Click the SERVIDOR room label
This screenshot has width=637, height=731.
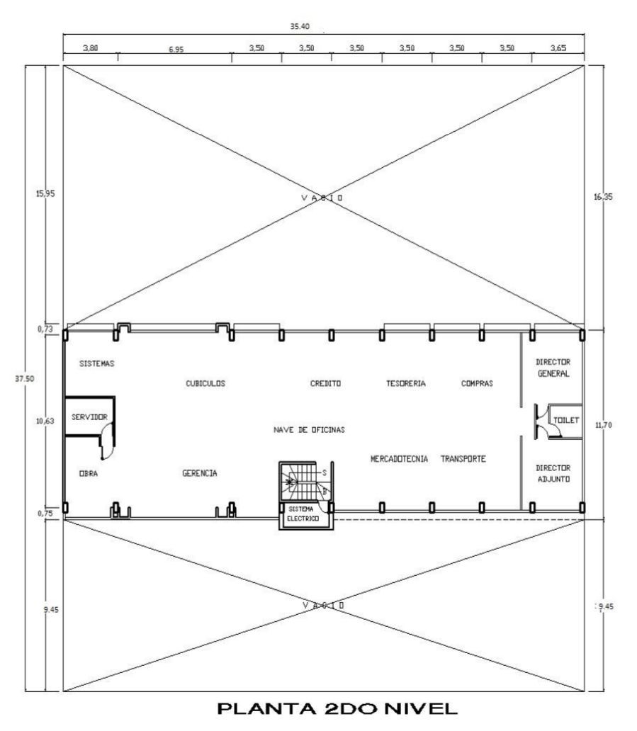pyautogui.click(x=89, y=416)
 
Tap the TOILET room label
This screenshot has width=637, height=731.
pyautogui.click(x=565, y=420)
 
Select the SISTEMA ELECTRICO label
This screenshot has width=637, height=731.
pyautogui.click(x=303, y=514)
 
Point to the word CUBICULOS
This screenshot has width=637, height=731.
pyautogui.click(x=205, y=383)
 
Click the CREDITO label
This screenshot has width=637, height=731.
pyautogui.click(x=325, y=383)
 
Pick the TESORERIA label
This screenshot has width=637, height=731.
pyautogui.click(x=406, y=383)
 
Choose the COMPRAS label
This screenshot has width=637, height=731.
pyautogui.click(x=477, y=383)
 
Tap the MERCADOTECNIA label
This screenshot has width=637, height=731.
pyautogui.click(x=399, y=459)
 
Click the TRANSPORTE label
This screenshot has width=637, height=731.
pyautogui.click(x=463, y=459)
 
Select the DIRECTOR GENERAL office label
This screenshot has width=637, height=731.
pyautogui.click(x=553, y=368)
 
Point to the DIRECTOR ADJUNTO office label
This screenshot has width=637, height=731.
pyautogui.click(x=553, y=473)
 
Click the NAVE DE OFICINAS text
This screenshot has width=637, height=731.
pyautogui.click(x=309, y=429)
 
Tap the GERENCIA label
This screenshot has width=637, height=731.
pyautogui.click(x=200, y=472)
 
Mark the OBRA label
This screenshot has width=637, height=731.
pyautogui.click(x=88, y=473)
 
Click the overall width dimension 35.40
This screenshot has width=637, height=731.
pyautogui.click(x=300, y=26)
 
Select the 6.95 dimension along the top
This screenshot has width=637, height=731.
pyautogui.click(x=176, y=50)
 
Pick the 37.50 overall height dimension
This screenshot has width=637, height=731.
pyautogui.click(x=24, y=378)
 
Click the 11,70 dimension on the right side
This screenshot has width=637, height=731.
pyautogui.click(x=604, y=425)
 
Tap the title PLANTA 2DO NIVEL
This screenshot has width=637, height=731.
pyautogui.click(x=337, y=709)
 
